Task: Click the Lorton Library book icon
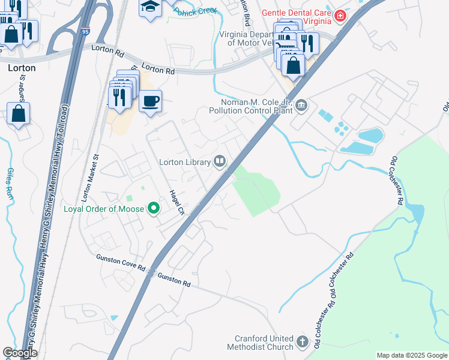coord(220,161)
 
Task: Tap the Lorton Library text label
coord(184,161)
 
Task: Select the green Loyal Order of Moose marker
coord(154,209)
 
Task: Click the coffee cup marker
coord(150,100)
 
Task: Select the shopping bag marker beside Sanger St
coord(19,113)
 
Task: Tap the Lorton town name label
coord(22,68)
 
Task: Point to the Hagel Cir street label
coord(176,202)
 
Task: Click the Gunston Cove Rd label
coord(121,262)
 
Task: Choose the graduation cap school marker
coord(150,8)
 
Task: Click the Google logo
coord(19,353)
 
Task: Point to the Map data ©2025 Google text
coord(411,355)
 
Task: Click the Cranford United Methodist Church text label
coord(260,343)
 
